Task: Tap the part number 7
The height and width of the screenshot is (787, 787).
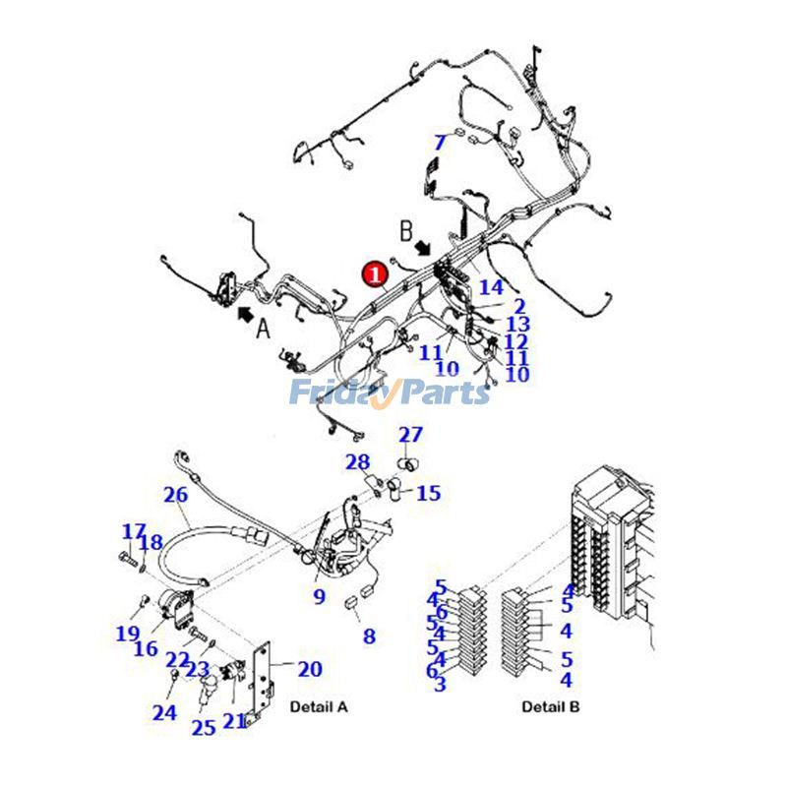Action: coord(440,142)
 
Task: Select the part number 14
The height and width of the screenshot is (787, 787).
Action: coord(491,287)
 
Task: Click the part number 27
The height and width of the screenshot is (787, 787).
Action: coord(410,435)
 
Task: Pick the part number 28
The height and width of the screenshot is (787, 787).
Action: coord(357,462)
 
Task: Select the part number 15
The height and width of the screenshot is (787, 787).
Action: coord(429,493)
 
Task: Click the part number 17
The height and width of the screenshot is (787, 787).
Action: coord(134,532)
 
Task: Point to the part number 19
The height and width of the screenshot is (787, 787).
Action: coord(127,634)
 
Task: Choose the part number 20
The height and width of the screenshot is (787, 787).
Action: coord(309,669)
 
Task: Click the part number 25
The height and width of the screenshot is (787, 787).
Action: coord(203,728)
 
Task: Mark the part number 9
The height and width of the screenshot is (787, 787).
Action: coord(319,596)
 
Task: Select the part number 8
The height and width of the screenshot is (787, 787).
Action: coord(369,636)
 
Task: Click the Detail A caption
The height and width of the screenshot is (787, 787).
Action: coord(318,706)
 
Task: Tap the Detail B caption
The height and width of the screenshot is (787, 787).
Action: coord(551,706)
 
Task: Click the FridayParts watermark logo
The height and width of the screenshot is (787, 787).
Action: coord(389,393)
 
